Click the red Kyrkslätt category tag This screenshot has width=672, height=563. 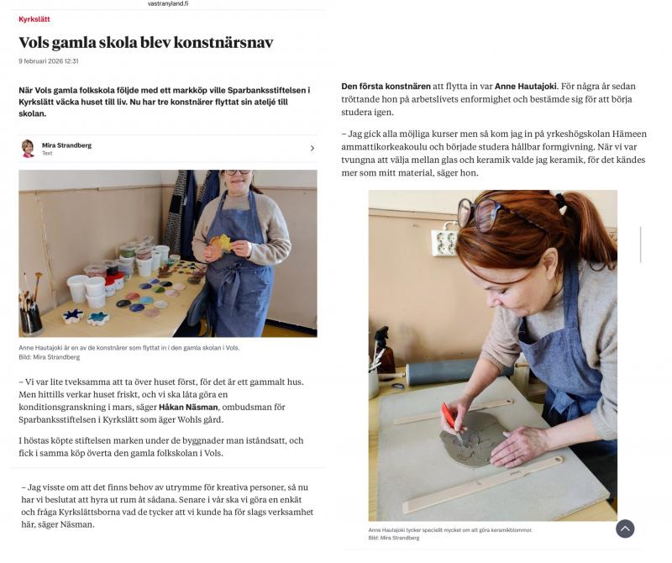tap(34, 18)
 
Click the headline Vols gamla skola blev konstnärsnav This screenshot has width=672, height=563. tap(145, 43)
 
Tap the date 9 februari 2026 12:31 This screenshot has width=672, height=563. tap(48, 61)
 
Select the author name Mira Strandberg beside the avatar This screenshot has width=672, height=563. tap(66, 145)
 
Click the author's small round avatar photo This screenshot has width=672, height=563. tap(28, 149)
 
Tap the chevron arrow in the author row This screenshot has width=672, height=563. tap(312, 149)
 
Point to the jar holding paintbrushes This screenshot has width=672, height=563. tap(31, 318)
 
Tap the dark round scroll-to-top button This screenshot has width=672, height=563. tap(624, 529)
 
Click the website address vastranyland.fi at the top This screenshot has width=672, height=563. tap(168, 4)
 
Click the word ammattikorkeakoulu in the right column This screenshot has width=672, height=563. tap(388, 146)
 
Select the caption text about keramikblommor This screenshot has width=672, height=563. tap(450, 530)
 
